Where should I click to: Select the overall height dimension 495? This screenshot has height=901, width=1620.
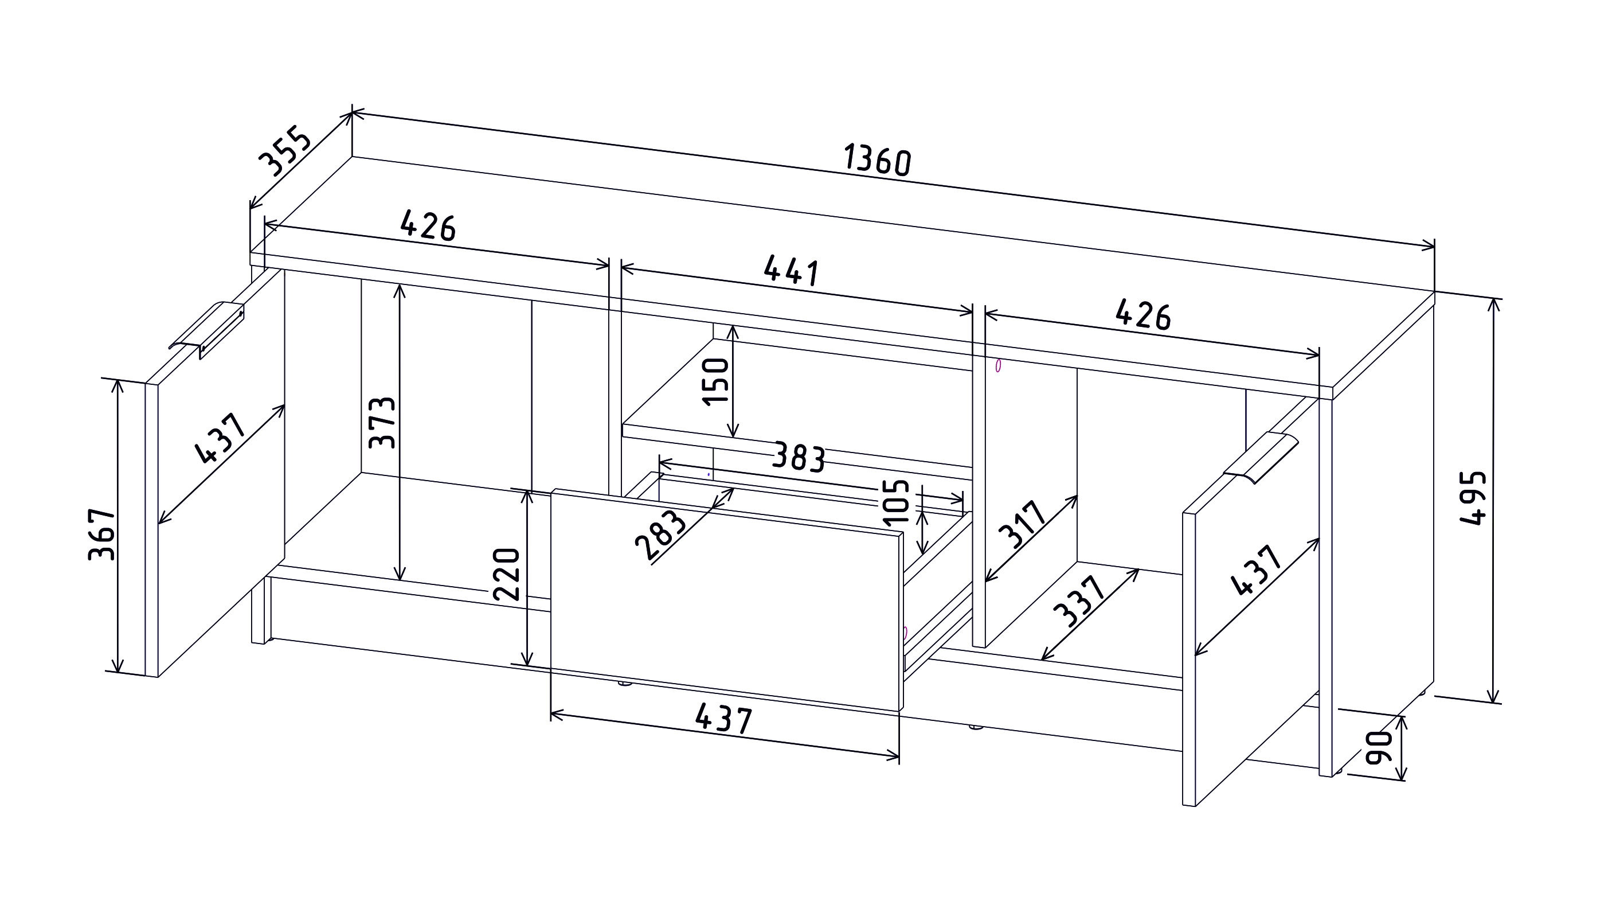1472,497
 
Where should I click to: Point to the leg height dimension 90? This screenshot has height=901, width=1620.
1380,747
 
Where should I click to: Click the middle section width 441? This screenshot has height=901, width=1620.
792,271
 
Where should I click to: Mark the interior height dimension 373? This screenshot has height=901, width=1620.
382,422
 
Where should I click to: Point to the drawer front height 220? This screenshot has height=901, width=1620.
506,574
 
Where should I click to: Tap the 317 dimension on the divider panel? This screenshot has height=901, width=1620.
1024,524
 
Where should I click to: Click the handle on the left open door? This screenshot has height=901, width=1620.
206,330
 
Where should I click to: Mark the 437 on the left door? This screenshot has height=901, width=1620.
221,438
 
